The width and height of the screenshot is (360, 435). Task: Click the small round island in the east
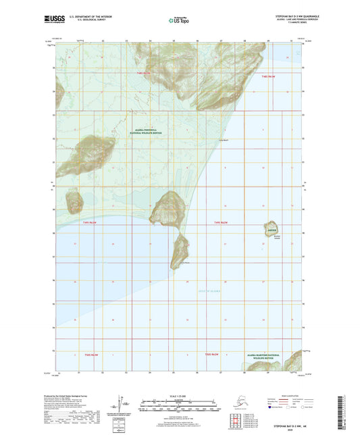point(272,228)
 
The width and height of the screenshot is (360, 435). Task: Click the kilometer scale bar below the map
point(179,400)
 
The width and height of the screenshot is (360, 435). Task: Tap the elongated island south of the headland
point(180,250)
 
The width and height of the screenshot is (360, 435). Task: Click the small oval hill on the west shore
point(74,201)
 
